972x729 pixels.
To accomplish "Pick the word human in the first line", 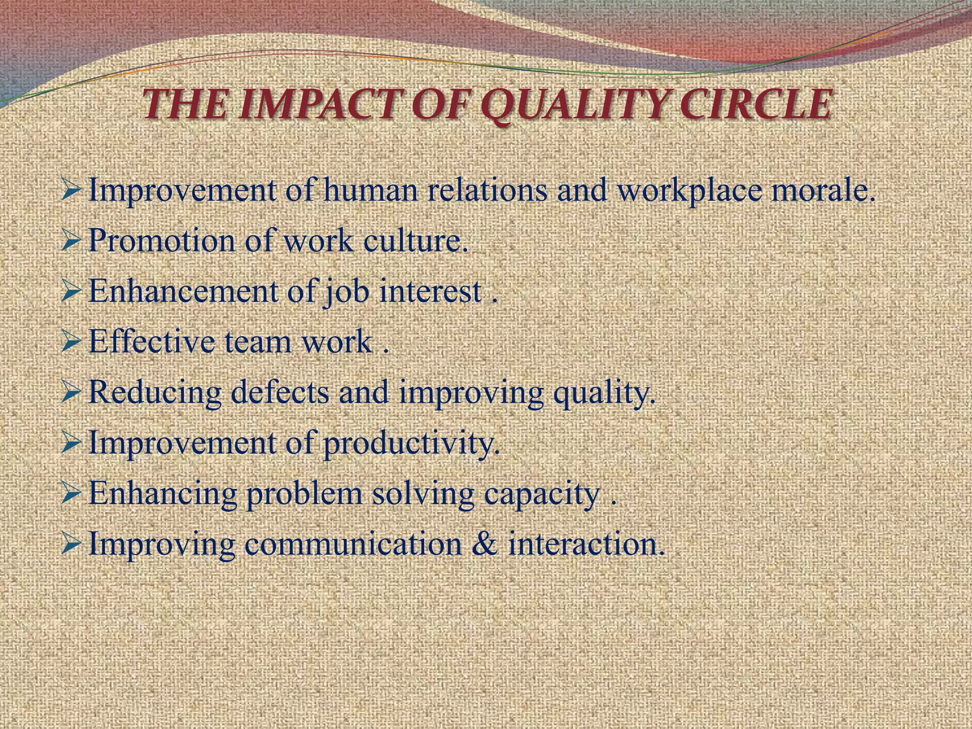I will [371, 190].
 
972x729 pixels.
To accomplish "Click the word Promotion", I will [162, 241].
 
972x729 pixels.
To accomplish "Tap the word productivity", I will [411, 444].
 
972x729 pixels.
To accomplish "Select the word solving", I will [423, 495].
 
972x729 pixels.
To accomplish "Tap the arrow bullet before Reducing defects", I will [72, 393].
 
